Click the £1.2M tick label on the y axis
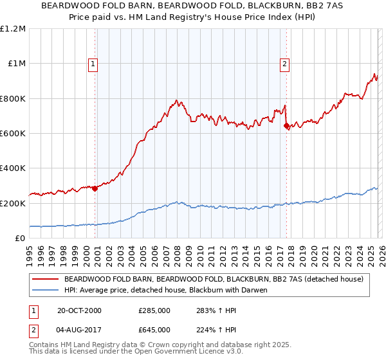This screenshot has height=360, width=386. pyautogui.click(x=13, y=29)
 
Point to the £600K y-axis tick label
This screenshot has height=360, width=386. pyautogui.click(x=13, y=134)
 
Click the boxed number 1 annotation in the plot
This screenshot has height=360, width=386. pyautogui.click(x=93, y=64)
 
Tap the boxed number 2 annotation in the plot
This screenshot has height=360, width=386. pyautogui.click(x=284, y=64)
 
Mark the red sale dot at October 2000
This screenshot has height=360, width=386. pyautogui.click(x=95, y=188)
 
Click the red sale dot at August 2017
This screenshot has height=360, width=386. pyautogui.click(x=286, y=126)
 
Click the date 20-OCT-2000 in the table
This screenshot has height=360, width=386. pyautogui.click(x=79, y=310)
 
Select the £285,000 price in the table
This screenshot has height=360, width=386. pyautogui.click(x=154, y=310)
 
